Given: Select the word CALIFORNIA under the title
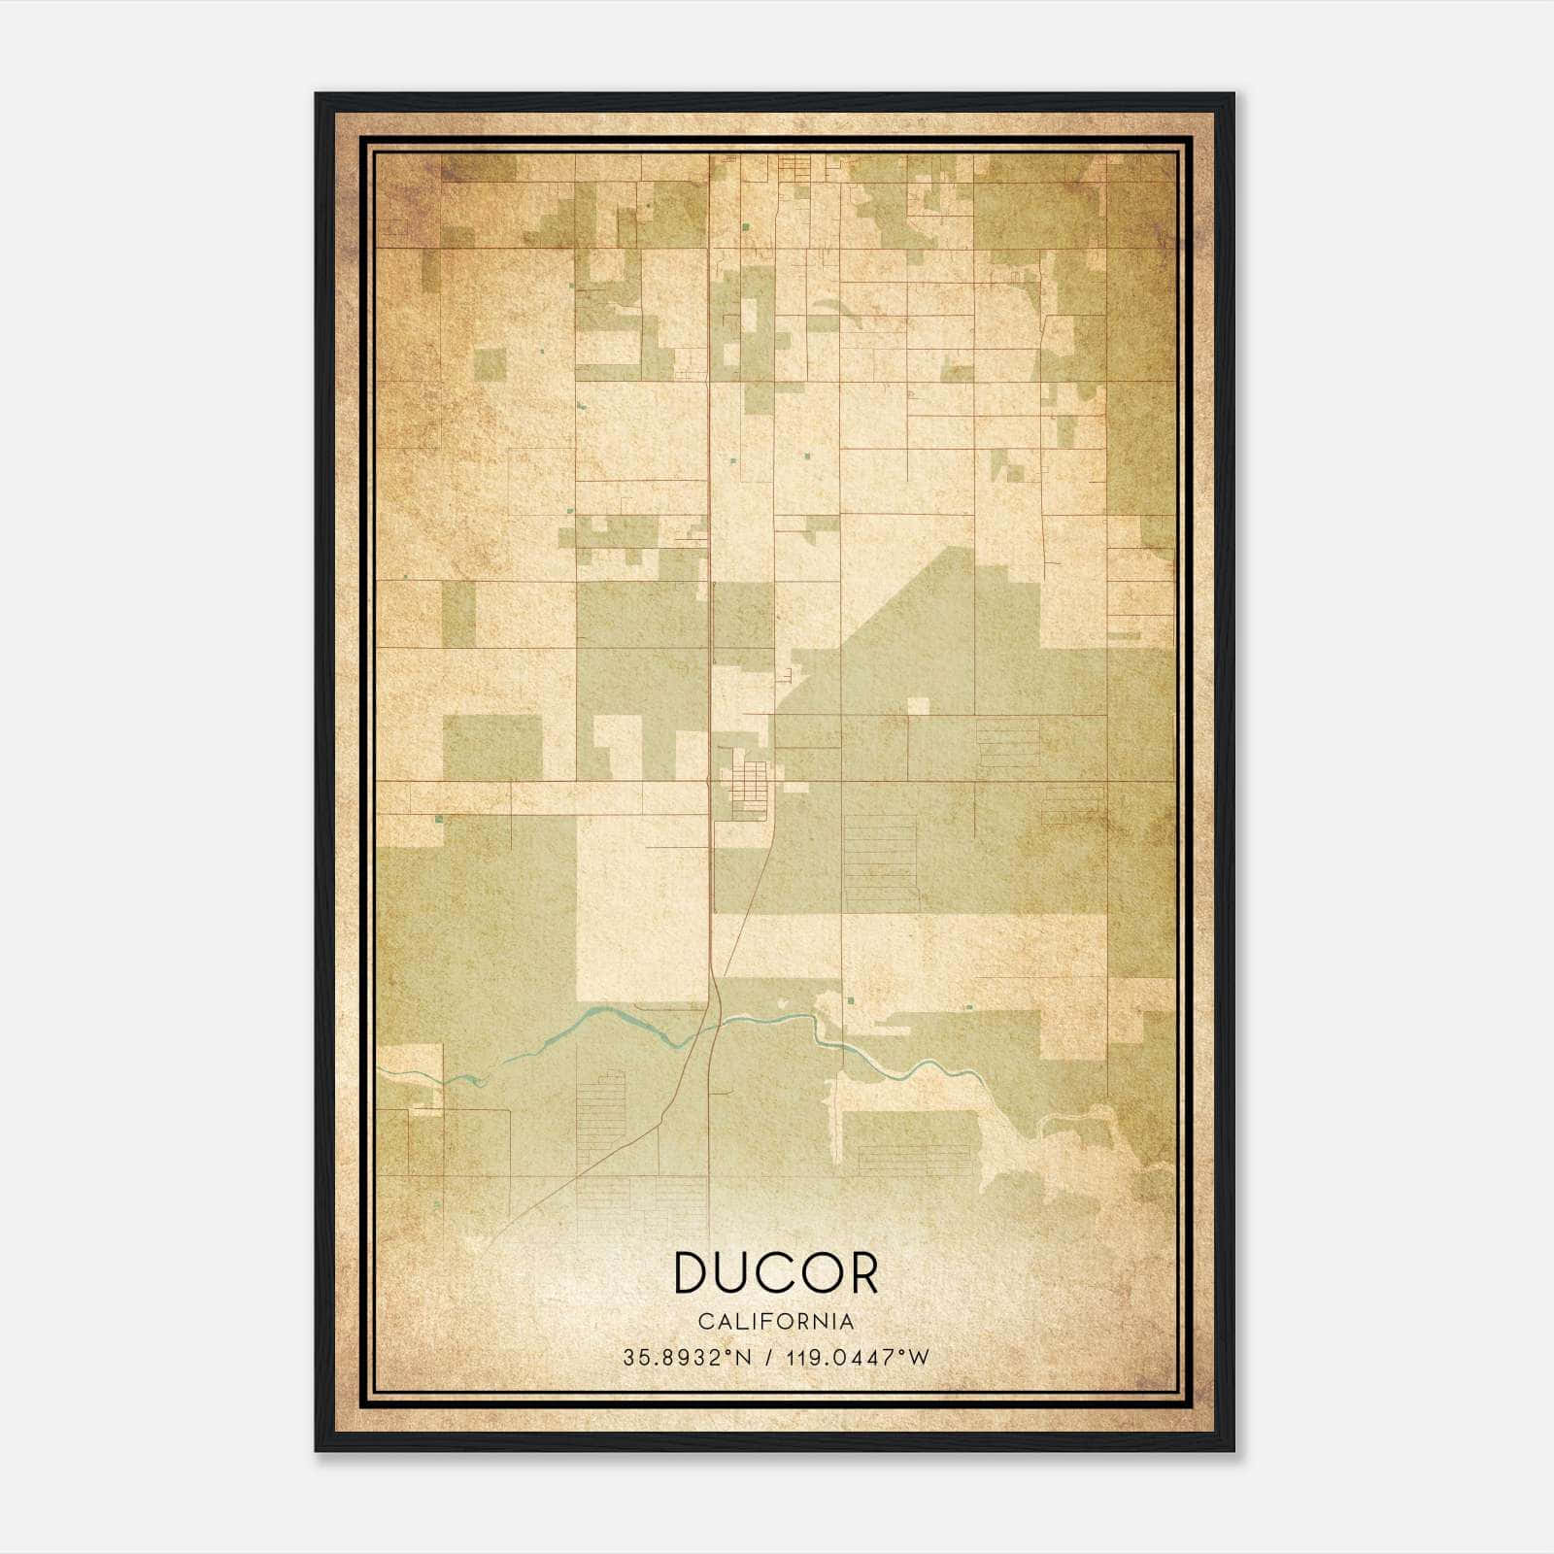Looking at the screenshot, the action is [776, 1322].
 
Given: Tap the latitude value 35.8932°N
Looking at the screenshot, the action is [688, 1358].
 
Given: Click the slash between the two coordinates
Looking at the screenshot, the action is [769, 1358].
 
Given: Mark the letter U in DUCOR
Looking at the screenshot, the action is [735, 1273].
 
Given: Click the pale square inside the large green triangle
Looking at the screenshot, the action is [918, 706].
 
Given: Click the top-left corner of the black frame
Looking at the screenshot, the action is [317, 95].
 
